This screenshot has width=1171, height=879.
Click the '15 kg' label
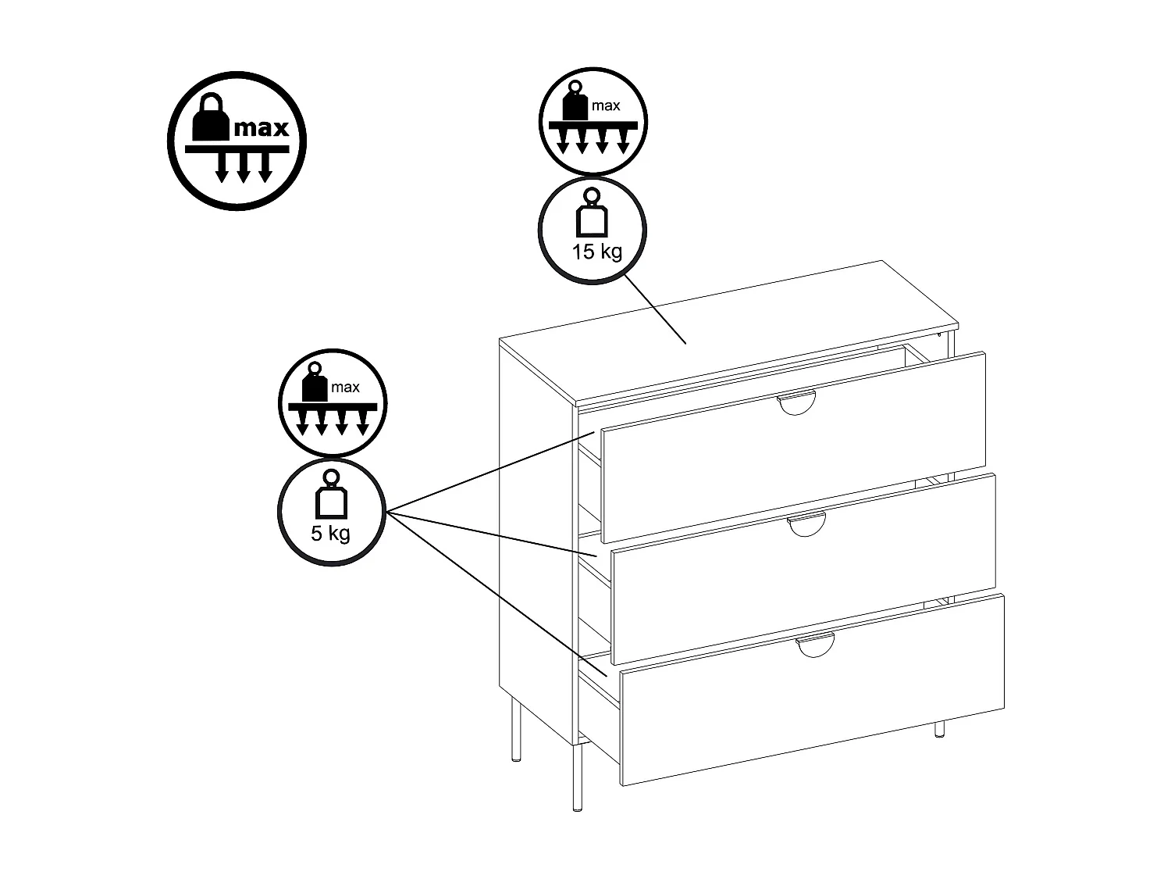(596, 252)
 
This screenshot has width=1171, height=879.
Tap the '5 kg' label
(330, 534)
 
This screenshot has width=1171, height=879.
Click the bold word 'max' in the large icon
(261, 127)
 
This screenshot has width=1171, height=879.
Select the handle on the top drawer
(796, 404)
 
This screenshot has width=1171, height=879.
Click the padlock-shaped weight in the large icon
(210, 119)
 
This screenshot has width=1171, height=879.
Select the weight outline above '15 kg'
(592, 216)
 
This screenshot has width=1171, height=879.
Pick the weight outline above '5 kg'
(331, 498)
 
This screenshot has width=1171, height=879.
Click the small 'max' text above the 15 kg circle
(605, 105)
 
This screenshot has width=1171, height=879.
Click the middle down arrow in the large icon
(243, 167)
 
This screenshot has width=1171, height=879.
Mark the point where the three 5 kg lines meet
(388, 513)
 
